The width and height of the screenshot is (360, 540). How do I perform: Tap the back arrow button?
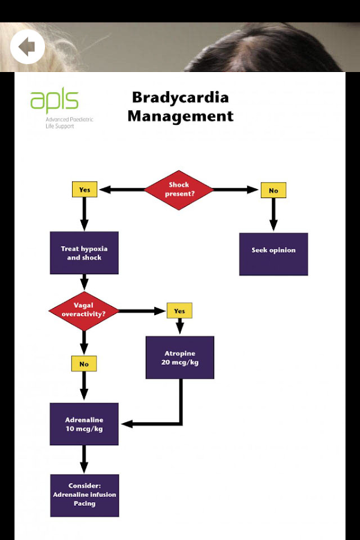(27, 46)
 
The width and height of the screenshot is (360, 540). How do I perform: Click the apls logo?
(54, 101)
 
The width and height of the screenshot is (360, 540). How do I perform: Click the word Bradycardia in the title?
(180, 97)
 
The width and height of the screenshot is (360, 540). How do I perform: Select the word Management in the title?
(180, 115)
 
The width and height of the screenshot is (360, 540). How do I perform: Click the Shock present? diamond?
(179, 190)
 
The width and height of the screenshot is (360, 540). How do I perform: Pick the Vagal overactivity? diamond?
(83, 311)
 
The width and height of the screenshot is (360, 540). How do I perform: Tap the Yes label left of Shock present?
(84, 190)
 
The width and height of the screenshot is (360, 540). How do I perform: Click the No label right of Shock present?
(273, 190)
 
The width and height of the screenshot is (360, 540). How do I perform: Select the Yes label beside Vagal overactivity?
(179, 311)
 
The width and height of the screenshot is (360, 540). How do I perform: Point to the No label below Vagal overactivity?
(84, 364)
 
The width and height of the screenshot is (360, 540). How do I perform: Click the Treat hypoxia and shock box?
(84, 253)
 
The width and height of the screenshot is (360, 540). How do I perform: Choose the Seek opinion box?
(273, 254)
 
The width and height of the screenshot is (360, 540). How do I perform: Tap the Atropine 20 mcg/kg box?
(180, 357)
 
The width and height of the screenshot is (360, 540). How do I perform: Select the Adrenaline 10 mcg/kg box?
(84, 424)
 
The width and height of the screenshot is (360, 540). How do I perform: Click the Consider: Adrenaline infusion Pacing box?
(84, 495)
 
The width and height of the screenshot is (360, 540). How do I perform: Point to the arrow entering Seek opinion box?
(273, 215)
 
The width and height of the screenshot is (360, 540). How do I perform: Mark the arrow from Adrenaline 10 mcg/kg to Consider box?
(84, 459)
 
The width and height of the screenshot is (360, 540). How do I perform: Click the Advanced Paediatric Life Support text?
(69, 123)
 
